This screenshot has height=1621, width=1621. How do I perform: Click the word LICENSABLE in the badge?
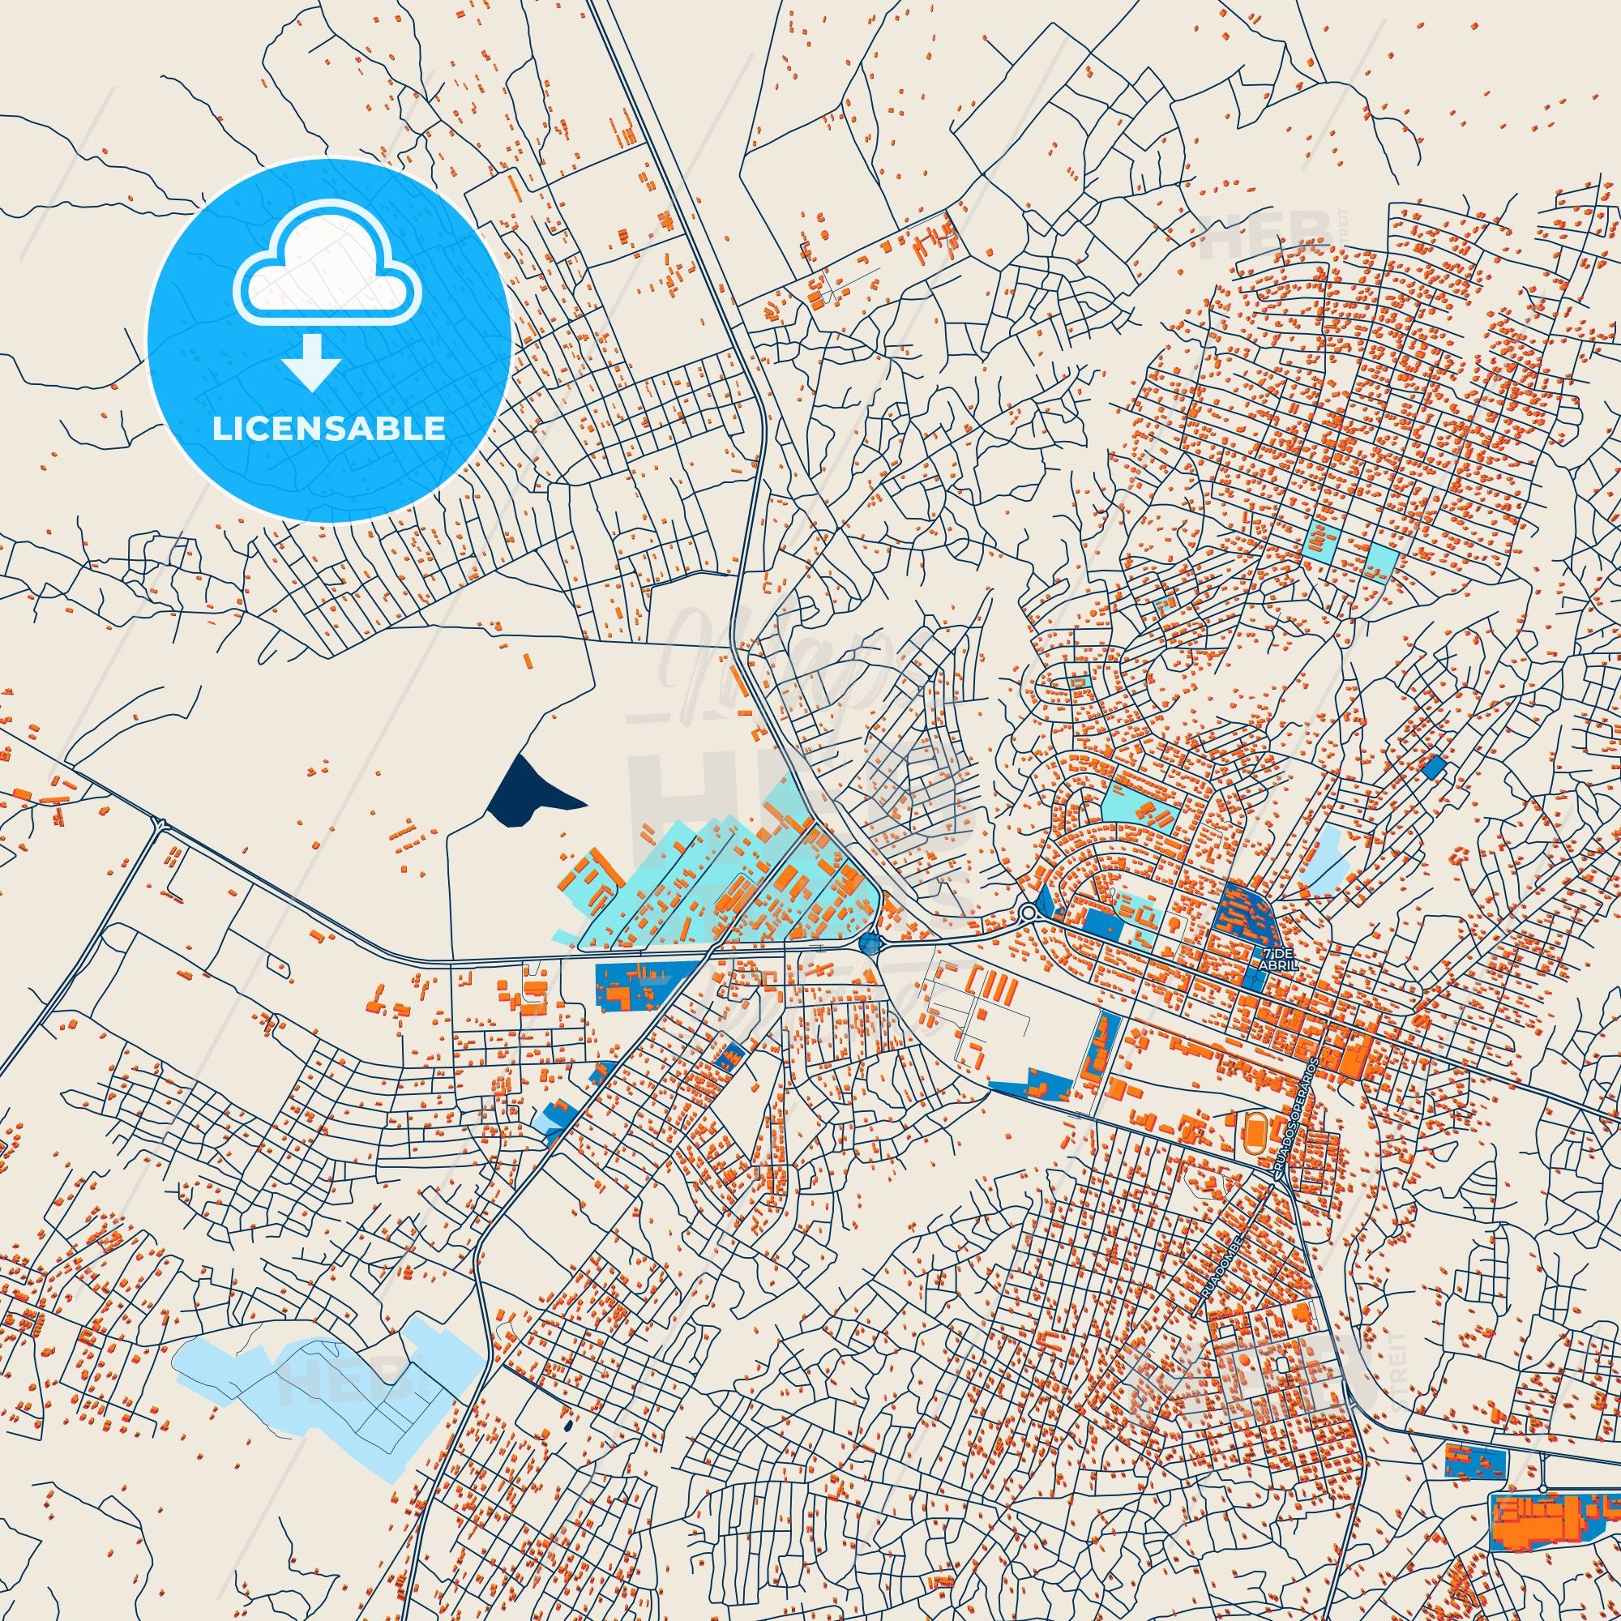(x=329, y=429)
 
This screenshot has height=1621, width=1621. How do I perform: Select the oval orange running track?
(x=1254, y=1123)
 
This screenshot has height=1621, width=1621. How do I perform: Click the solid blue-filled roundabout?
(x=871, y=945)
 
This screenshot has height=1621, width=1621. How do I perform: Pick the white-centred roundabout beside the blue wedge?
(x=1029, y=913)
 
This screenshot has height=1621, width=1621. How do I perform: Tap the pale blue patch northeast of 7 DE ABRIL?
(x=1328, y=853)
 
